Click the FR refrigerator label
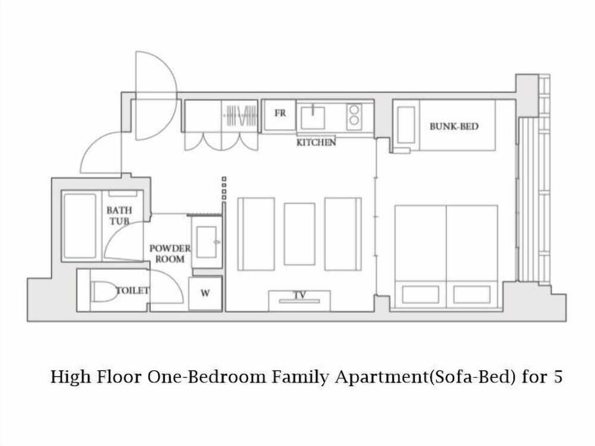click(280, 113)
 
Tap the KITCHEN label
click(316, 143)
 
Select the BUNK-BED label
click(454, 126)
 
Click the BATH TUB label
click(119, 215)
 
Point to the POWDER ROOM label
click(170, 254)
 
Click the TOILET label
click(133, 291)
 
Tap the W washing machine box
click(205, 293)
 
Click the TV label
click(300, 295)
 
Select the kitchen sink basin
click(313, 118)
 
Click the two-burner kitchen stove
click(354, 115)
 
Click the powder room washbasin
click(207, 242)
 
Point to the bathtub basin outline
click(80, 226)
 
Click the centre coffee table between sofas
click(299, 234)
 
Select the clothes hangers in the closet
click(241, 116)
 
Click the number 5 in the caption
click(558, 377)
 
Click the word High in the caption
click(71, 378)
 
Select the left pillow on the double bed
click(421, 295)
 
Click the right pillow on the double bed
click(472, 295)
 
